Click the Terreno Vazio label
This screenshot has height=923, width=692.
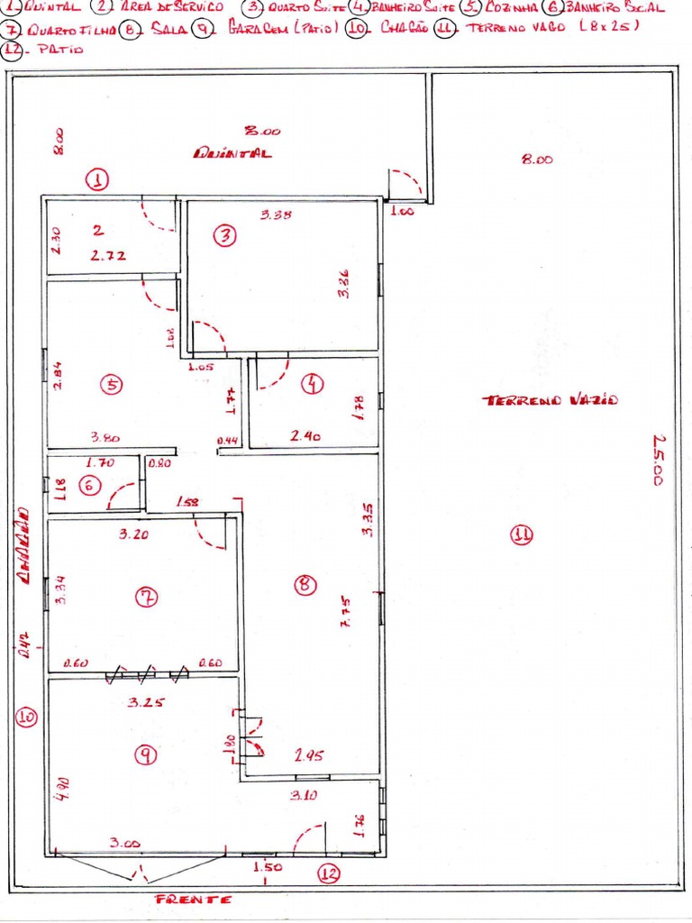tap(553, 400)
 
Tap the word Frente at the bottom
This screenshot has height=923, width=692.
tap(194, 900)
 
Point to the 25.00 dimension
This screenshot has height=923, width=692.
tap(660, 461)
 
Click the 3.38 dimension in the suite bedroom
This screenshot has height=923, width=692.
tap(276, 215)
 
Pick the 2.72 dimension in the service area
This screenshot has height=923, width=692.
tap(108, 256)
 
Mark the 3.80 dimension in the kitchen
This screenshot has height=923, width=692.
tap(105, 438)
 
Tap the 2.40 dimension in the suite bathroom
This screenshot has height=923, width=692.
tap(305, 436)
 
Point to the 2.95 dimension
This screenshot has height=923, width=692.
tap(309, 756)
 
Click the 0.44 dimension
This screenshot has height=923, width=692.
tap(227, 441)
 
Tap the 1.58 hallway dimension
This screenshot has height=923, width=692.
tap(188, 501)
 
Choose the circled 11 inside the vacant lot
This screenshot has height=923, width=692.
tap(522, 535)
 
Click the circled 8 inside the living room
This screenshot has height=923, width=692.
tap(305, 586)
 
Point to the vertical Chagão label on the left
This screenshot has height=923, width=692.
tap(25, 550)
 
